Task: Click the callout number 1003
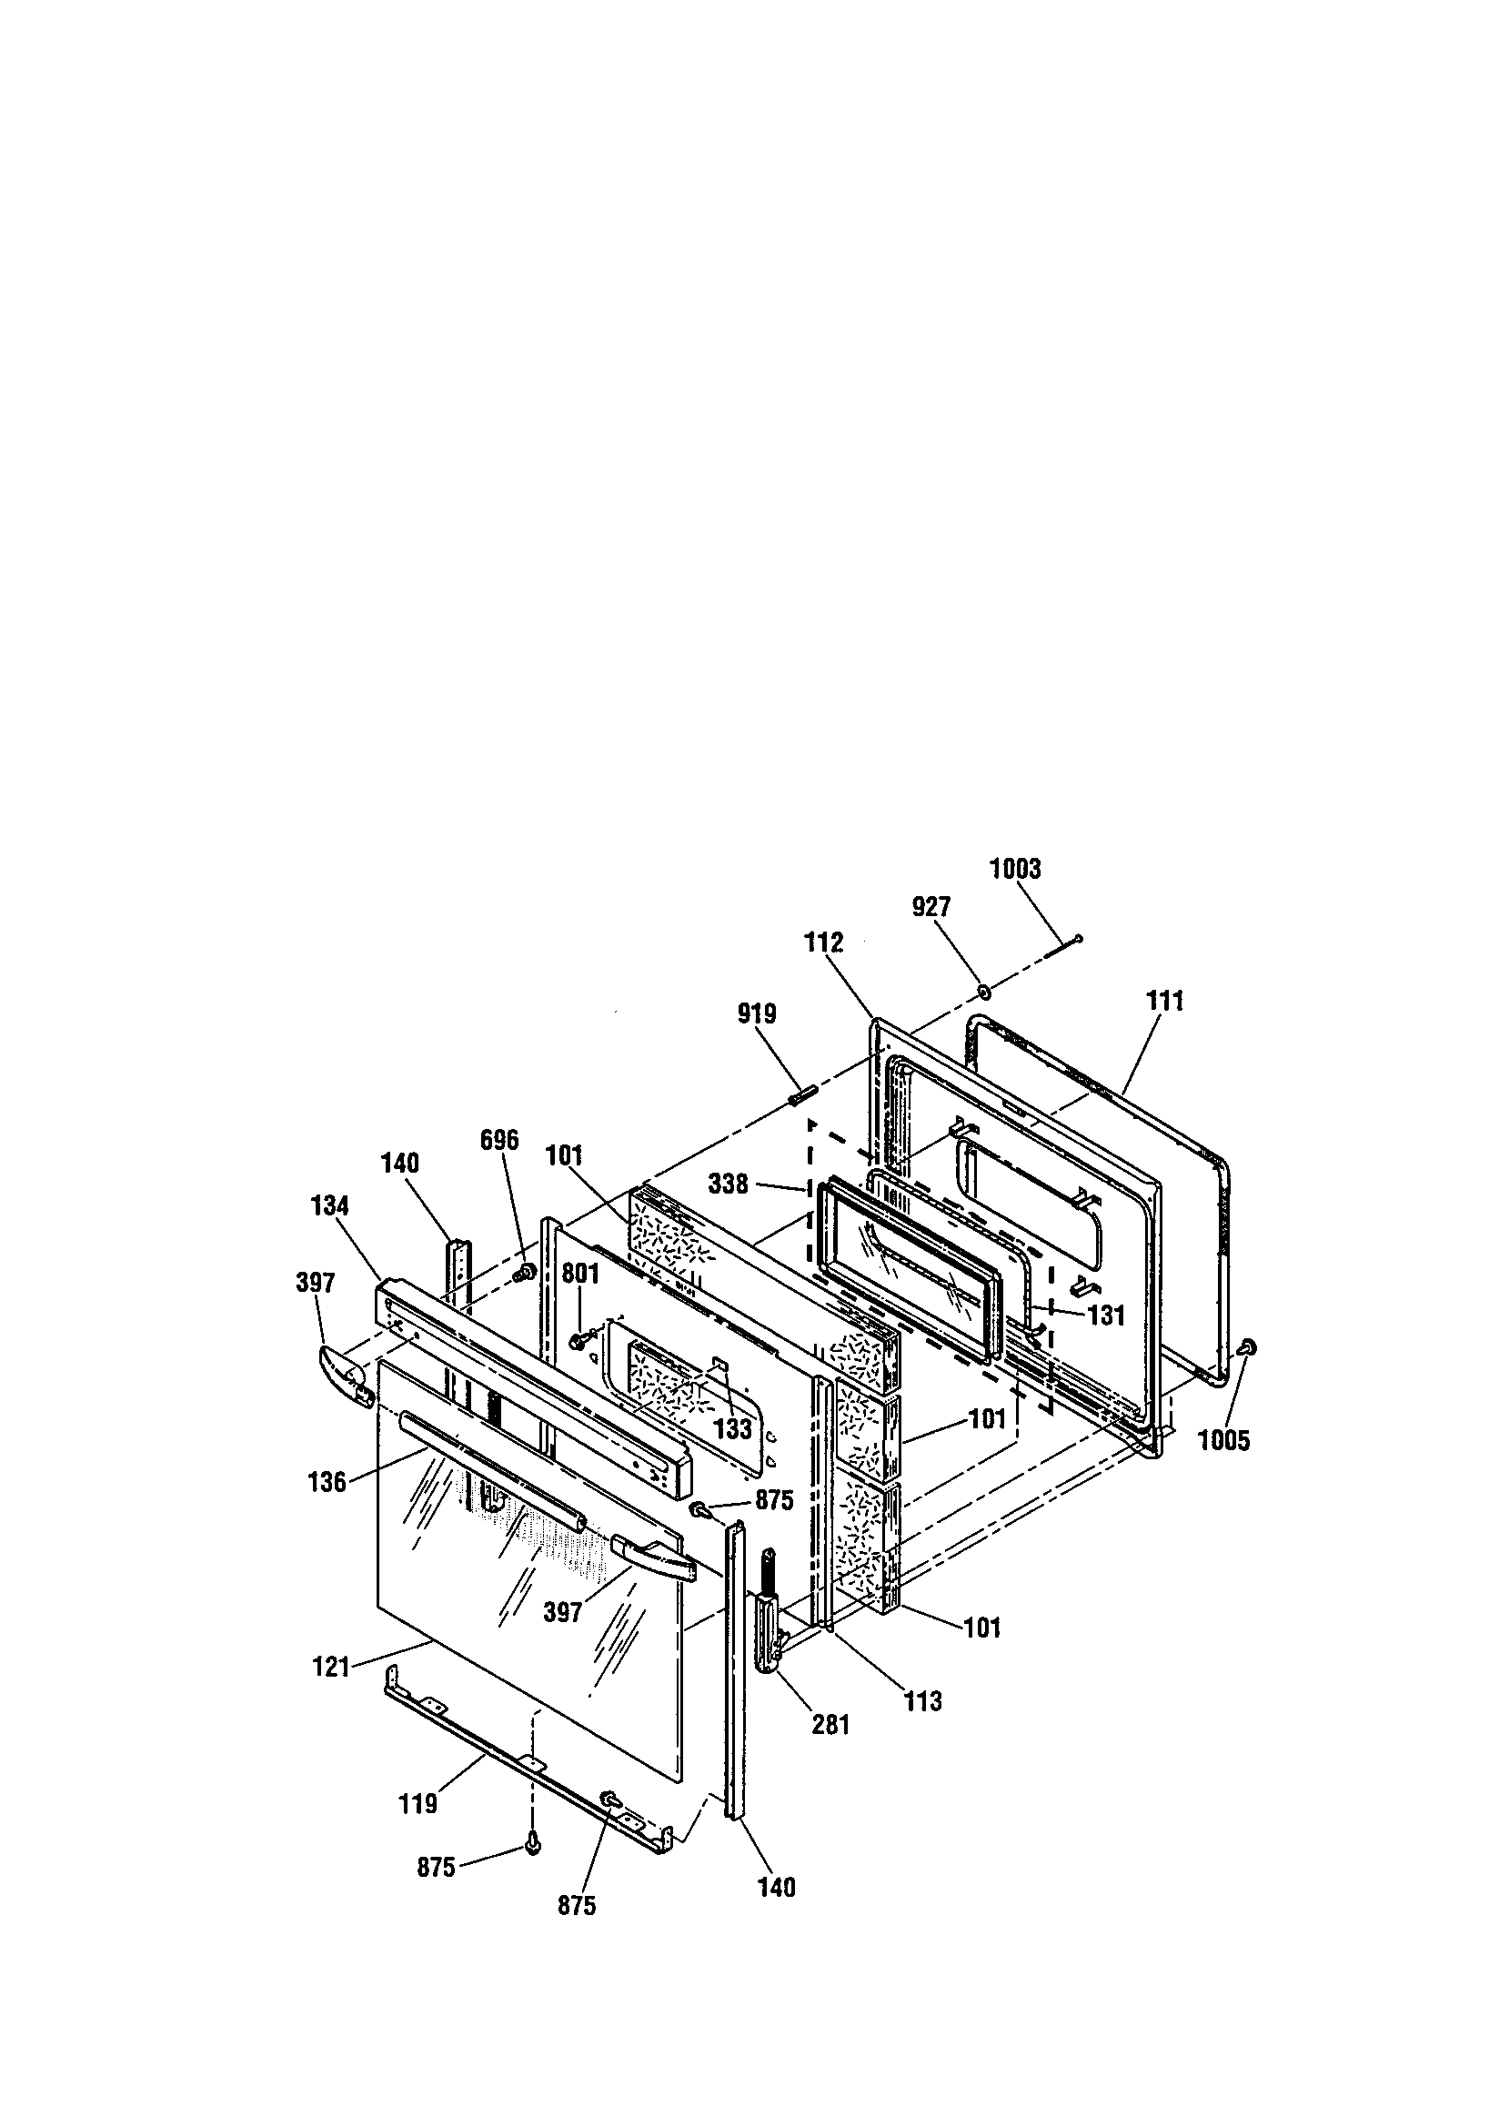click(1014, 869)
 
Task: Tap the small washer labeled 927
click(984, 993)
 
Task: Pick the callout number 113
click(922, 1701)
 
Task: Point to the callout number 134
click(330, 1205)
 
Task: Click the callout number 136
click(327, 1481)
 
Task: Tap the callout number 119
click(417, 1804)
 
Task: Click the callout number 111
click(1164, 1002)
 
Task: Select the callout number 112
click(823, 943)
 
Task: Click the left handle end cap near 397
click(345, 1374)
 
